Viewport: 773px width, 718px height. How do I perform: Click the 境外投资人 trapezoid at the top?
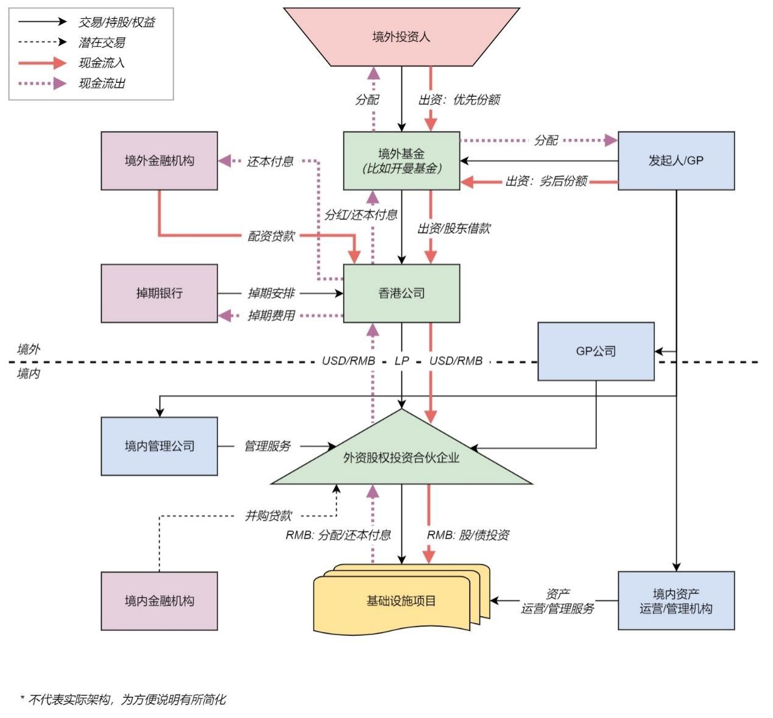[401, 37]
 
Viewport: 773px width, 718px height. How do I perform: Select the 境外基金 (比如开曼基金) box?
[401, 161]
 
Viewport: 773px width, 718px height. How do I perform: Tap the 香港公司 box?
[401, 293]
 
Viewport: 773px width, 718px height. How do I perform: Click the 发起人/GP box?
[676, 161]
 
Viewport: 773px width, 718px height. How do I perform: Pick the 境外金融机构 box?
[159, 161]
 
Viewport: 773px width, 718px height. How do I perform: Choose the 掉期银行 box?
[159, 293]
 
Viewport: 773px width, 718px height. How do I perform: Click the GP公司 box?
[595, 352]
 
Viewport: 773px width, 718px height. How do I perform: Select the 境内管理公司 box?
[159, 446]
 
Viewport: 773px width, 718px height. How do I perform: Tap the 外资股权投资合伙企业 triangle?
[401, 458]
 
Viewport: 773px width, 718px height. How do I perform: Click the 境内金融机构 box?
[159, 601]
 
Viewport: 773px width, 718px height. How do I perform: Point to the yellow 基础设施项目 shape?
[401, 601]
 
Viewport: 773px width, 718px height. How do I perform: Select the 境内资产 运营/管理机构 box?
[676, 601]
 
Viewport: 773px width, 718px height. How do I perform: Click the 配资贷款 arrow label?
[270, 236]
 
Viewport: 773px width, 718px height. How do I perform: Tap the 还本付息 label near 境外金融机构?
[270, 162]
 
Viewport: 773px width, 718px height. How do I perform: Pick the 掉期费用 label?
[270, 316]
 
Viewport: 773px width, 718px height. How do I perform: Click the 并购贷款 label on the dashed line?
[268, 516]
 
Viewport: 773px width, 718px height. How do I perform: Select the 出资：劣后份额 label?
[546, 181]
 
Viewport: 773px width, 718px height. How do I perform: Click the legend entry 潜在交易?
[101, 43]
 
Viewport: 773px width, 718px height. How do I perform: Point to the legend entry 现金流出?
[101, 84]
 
